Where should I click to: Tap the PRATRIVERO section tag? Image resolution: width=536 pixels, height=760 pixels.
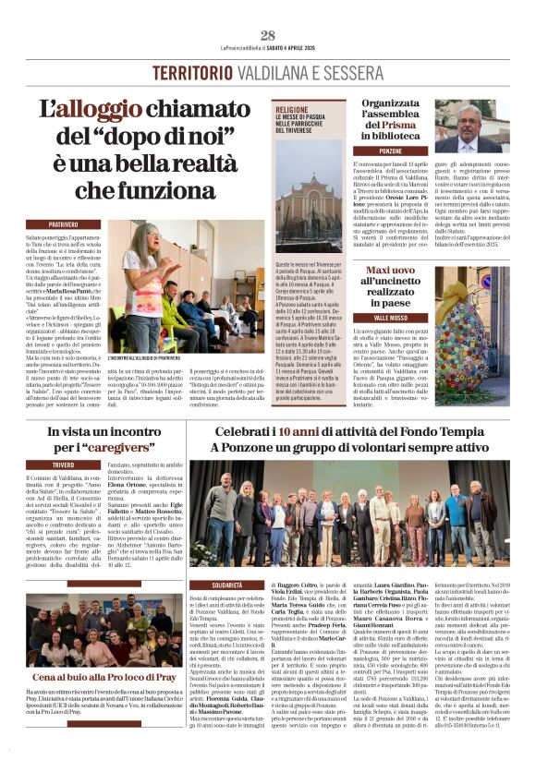coord(64,224)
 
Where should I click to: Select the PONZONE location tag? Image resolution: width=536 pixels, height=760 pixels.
coord(390,150)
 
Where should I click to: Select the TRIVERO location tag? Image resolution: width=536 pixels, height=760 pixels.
coord(63,464)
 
